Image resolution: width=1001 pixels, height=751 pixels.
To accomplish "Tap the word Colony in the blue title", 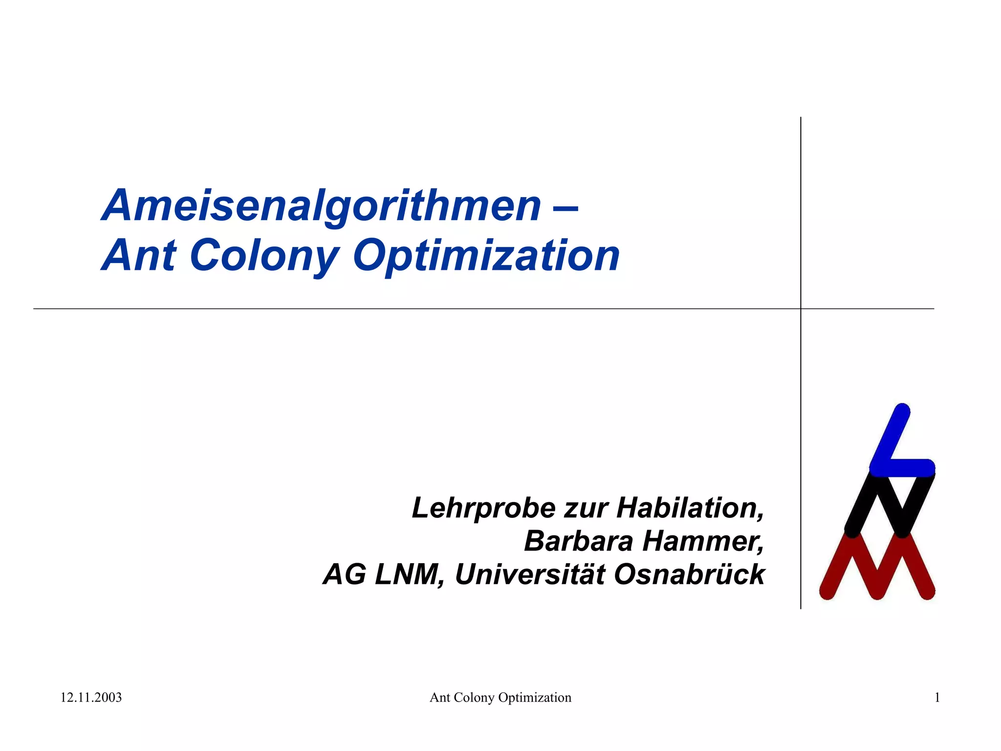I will click(264, 256).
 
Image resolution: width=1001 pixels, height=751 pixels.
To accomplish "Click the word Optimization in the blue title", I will click(486, 256).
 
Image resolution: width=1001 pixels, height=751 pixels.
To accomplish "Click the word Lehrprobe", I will click(484, 508).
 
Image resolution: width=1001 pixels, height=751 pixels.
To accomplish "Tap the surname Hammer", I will click(703, 542).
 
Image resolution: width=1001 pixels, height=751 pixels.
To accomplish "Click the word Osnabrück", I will click(689, 574).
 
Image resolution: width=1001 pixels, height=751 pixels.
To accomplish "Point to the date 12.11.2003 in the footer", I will click(91, 697).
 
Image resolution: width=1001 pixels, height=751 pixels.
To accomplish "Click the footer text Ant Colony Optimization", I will click(500, 697).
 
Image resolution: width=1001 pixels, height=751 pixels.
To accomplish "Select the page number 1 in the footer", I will click(937, 697).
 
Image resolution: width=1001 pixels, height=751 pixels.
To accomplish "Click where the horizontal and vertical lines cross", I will click(801, 309).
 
